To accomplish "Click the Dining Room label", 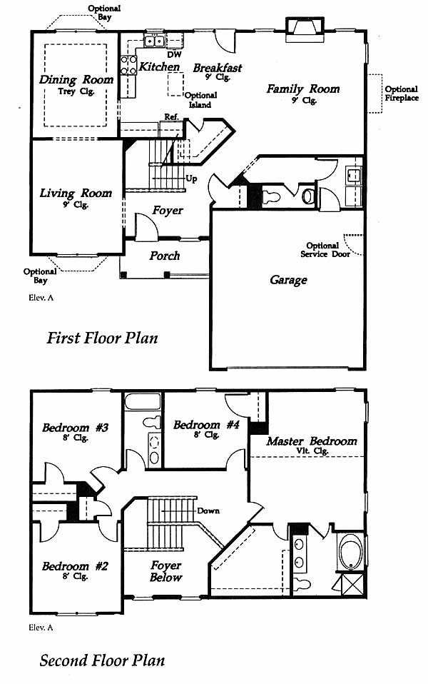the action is (76, 80).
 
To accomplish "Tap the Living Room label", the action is (76, 193).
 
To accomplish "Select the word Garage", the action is (288, 280).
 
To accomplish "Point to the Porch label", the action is (164, 256).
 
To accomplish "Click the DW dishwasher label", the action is (174, 55).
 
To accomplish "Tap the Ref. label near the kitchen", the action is (171, 117).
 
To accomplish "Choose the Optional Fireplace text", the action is (402, 94).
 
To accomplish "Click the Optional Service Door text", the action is (325, 250).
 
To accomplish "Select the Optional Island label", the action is (200, 100).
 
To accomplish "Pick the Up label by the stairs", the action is (191, 178).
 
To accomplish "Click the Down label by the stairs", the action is (208, 511).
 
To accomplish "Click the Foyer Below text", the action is (165, 571).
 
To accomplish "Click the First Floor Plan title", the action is (102, 338).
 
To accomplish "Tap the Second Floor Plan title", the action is (102, 660).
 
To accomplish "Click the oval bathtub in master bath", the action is (351, 551).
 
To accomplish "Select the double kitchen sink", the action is (154, 41).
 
